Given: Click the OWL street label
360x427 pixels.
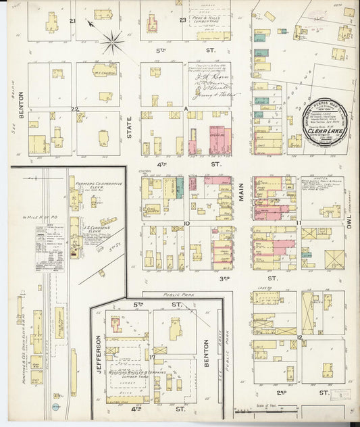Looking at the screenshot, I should point(350,234).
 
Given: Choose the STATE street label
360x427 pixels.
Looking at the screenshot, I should point(130,126).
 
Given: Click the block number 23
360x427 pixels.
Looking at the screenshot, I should point(182,20).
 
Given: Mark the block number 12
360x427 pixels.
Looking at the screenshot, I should point(298,336).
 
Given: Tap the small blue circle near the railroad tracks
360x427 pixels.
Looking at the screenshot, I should point(56,406).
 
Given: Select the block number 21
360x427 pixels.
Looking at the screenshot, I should point(72,21).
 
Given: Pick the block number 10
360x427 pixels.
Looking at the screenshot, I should point(185,222).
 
